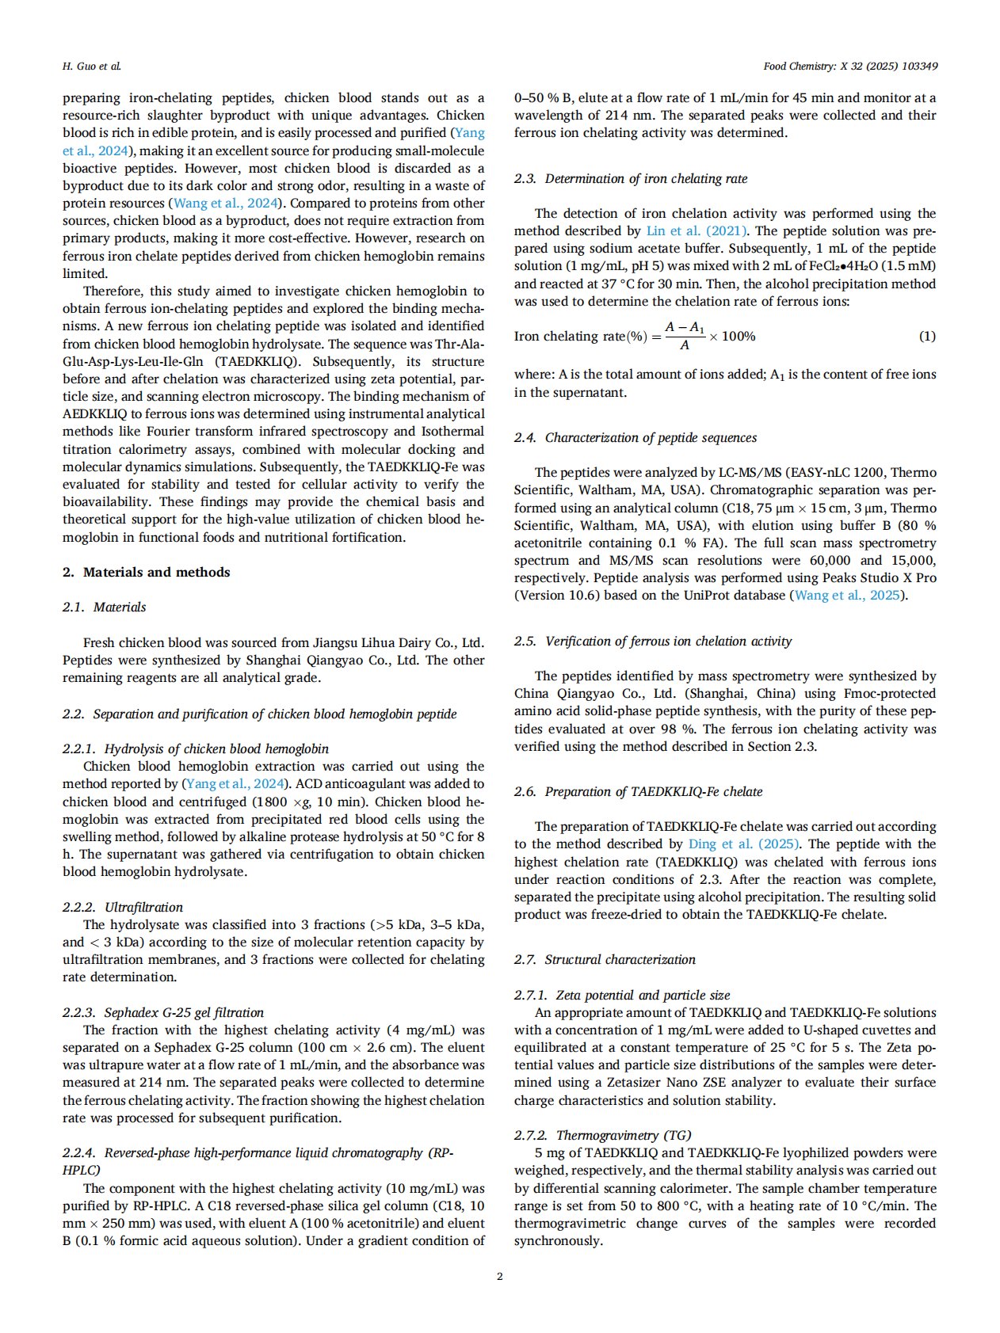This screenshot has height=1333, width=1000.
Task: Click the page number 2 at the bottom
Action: point(499,1276)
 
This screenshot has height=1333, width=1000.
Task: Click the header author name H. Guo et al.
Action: point(92,66)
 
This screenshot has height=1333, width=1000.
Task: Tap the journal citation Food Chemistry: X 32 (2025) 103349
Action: point(850,66)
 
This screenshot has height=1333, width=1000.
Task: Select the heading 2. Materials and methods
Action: point(147,572)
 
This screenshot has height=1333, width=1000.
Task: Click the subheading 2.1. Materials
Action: point(104,607)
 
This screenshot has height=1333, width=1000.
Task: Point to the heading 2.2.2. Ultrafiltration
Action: point(123,907)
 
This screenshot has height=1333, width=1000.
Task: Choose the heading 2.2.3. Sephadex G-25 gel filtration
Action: point(163,1012)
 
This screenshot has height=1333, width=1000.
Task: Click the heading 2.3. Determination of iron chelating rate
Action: point(631,178)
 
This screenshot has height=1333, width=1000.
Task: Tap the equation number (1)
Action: point(927,336)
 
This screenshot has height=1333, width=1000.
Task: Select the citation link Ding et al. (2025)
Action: point(743,844)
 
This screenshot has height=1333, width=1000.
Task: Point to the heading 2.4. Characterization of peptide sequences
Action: point(635,437)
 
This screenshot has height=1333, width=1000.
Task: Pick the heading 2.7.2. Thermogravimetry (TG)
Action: point(603,1135)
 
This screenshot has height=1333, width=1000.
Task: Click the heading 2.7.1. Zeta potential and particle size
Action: point(622,995)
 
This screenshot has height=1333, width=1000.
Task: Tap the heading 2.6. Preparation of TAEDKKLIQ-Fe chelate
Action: point(638,791)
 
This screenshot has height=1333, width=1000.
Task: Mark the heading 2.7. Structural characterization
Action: point(605,959)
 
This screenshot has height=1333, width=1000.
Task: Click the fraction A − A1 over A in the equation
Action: point(685,336)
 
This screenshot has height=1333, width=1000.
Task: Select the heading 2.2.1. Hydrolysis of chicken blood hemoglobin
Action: point(196,748)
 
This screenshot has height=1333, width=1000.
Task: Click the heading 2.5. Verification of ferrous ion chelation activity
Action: point(653,641)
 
